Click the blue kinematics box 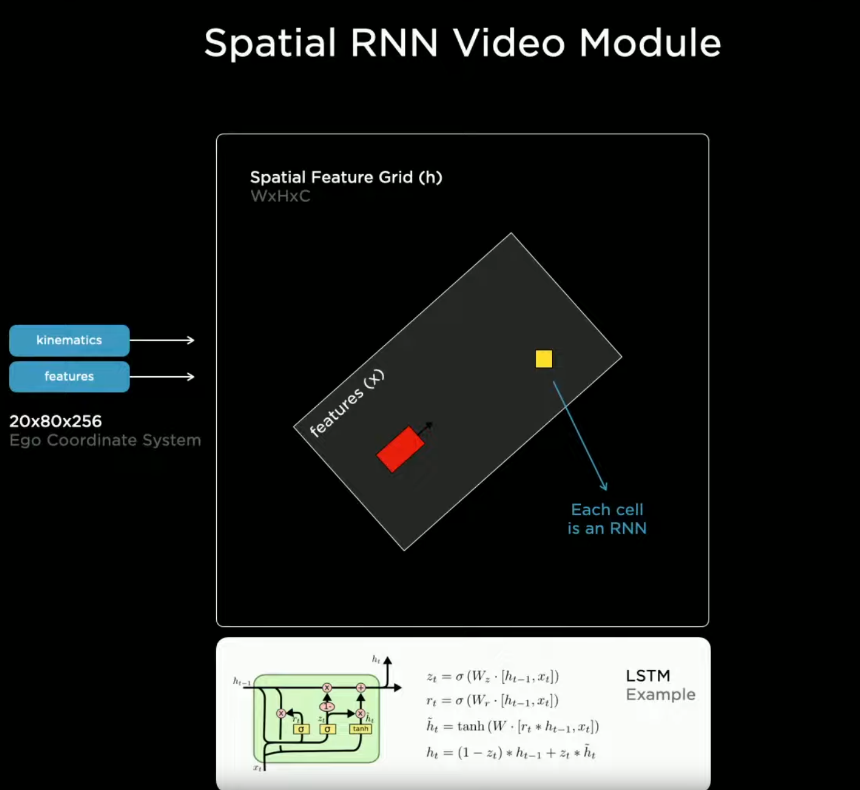tap(69, 340)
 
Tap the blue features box tap(69, 376)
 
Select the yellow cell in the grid tap(544, 358)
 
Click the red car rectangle tap(400, 449)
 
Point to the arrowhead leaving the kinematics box tap(191, 340)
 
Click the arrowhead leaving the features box tap(191, 377)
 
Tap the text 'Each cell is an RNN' tap(607, 519)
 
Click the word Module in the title tap(650, 43)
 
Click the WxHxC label tap(280, 196)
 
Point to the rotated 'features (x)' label tap(346, 404)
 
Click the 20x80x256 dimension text tap(56, 421)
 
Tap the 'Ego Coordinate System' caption tap(105, 440)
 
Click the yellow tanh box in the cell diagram tap(360, 729)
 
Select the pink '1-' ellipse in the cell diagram tap(327, 706)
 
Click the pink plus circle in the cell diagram tap(361, 688)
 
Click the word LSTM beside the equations tap(648, 676)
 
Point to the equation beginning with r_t tap(492, 701)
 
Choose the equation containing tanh tap(512, 727)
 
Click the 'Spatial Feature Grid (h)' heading tap(346, 177)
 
